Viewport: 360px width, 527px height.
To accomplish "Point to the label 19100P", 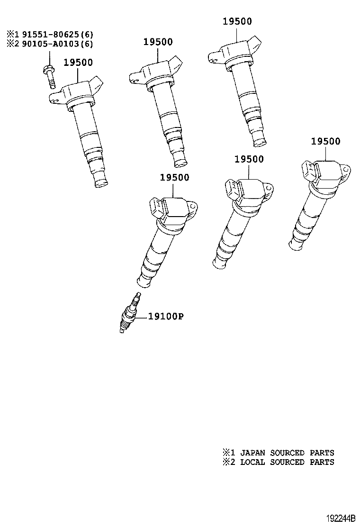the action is coord(166,317).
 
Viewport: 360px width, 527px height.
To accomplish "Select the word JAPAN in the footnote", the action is coord(252,453).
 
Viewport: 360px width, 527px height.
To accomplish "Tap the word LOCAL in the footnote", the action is coord(252,462).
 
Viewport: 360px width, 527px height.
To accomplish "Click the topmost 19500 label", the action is coord(237,21).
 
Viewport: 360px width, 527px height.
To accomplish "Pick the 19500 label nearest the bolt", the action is coord(78,63).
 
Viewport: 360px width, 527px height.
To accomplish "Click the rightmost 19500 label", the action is coord(325,141).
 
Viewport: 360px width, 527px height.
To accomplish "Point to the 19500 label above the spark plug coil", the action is coord(174,177).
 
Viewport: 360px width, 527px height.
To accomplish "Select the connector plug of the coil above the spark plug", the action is coord(156,208).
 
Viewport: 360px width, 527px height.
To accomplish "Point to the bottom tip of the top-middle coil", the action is coord(180,164).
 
